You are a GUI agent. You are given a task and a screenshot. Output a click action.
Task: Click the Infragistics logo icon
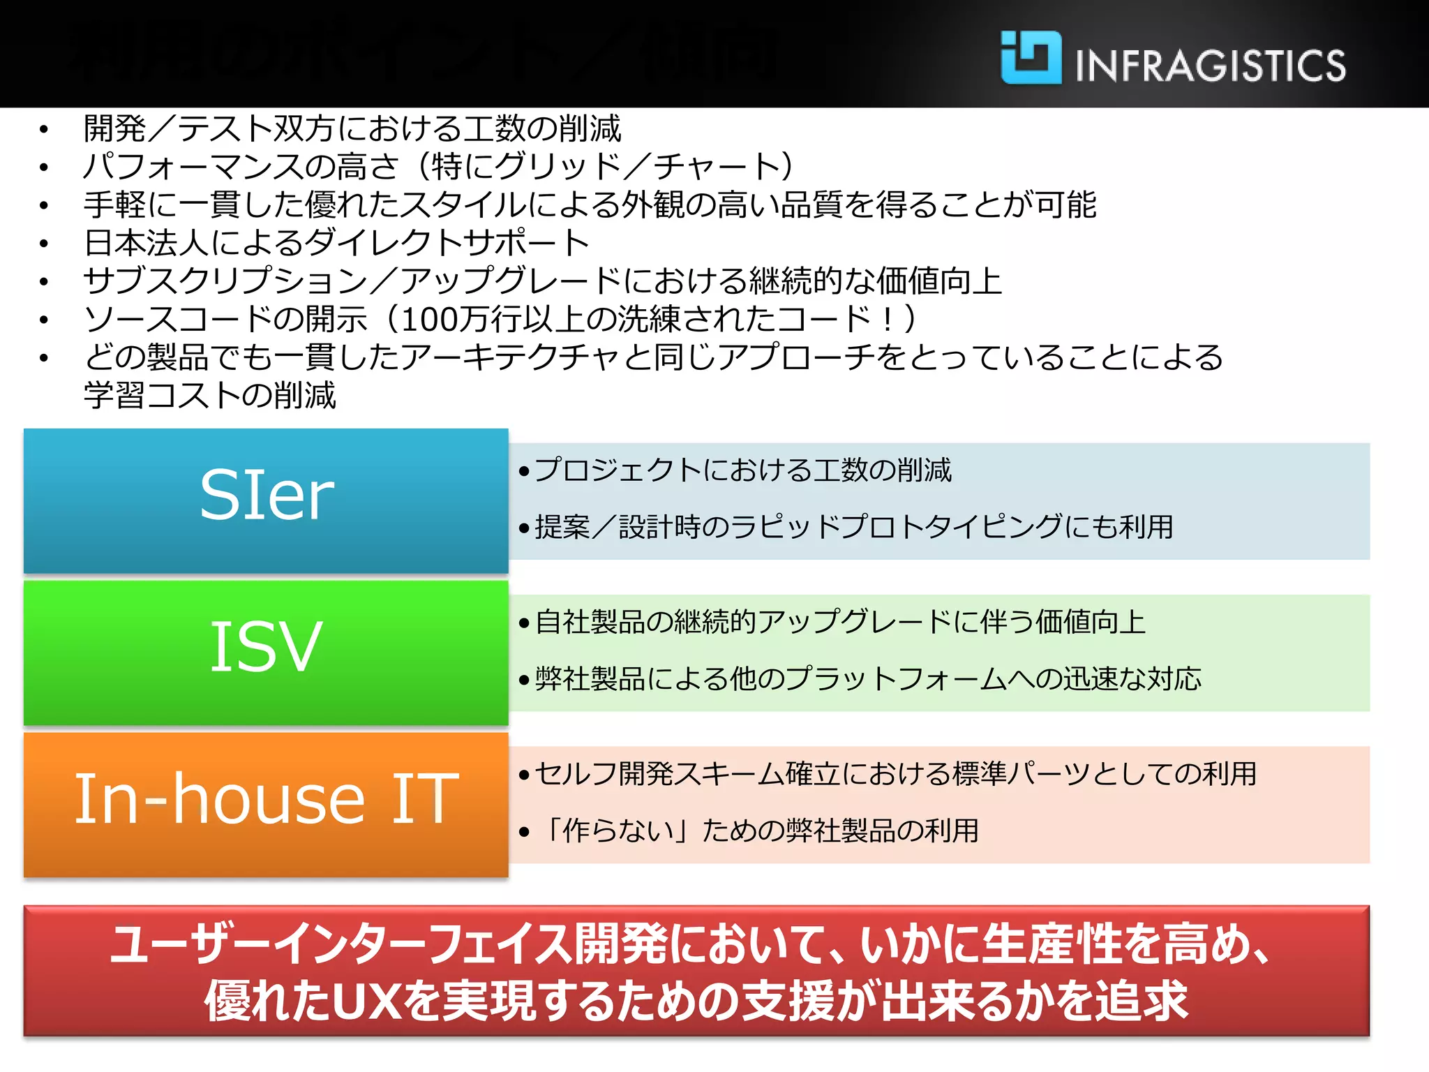click(x=1031, y=58)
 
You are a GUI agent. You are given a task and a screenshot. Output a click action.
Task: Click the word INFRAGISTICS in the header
click(x=1211, y=66)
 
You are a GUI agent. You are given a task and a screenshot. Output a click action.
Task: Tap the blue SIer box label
click(x=267, y=496)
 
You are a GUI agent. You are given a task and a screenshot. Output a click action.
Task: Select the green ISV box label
click(x=267, y=648)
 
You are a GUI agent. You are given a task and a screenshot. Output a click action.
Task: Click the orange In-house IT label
click(x=267, y=799)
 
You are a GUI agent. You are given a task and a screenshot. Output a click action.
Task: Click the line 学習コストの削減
click(x=210, y=396)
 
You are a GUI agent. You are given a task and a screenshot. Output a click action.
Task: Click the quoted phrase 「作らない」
click(x=618, y=831)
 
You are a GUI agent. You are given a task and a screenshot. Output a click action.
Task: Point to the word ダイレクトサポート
click(x=447, y=243)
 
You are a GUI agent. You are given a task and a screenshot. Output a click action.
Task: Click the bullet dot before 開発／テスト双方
click(x=44, y=130)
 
